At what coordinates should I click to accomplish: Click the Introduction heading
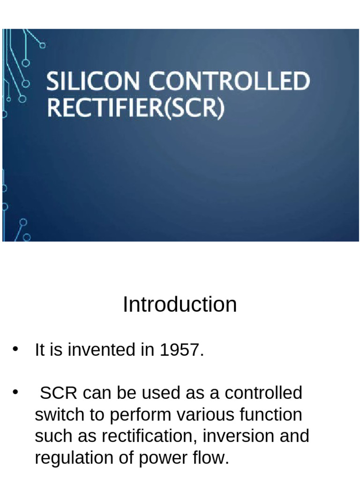180,305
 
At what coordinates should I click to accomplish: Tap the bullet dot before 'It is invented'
15,349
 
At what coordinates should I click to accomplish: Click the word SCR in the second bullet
57,393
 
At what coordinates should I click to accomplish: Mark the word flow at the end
211,458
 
